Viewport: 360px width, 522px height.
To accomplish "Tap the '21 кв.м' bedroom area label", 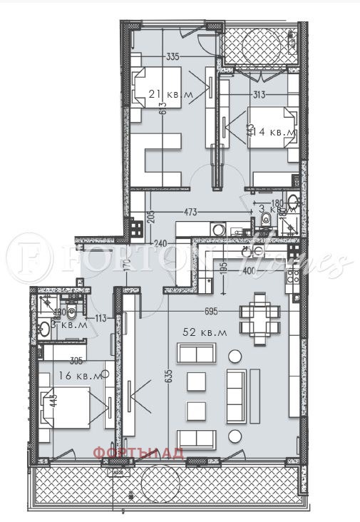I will [166, 93].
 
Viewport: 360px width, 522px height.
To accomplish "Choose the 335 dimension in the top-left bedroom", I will [172, 56].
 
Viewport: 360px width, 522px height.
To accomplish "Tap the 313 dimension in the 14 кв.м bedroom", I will [259, 96].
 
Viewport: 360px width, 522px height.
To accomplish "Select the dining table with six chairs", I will [259, 319].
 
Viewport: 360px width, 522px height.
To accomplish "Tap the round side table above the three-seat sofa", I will [233, 355].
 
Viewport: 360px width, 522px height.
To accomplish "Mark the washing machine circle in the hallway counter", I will [217, 229].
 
